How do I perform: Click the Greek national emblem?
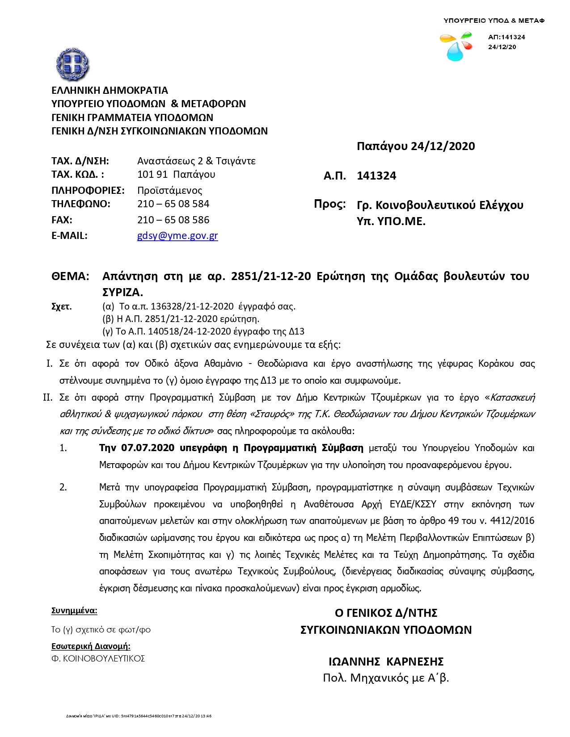(72, 64)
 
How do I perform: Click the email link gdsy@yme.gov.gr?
(177, 236)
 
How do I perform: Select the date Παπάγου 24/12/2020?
(416, 147)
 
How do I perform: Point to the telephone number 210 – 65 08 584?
(173, 204)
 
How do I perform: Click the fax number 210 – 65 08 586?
(173, 220)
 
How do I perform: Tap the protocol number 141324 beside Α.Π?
(376, 176)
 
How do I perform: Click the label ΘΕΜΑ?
(70, 276)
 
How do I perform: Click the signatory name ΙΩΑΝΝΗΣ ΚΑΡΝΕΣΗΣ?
(386, 662)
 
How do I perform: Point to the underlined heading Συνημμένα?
(74, 611)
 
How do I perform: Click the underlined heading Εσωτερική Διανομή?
(91, 646)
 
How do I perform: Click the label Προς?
(330, 204)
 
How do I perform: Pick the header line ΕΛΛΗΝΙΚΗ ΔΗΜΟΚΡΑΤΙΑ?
(110, 91)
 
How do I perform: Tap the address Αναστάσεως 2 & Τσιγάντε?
(196, 161)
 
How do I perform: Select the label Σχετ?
(62, 306)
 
